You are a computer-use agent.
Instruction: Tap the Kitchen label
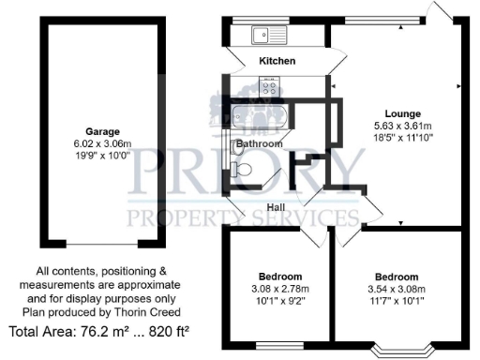click(x=277, y=61)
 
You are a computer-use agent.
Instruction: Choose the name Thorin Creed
click(x=156, y=311)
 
